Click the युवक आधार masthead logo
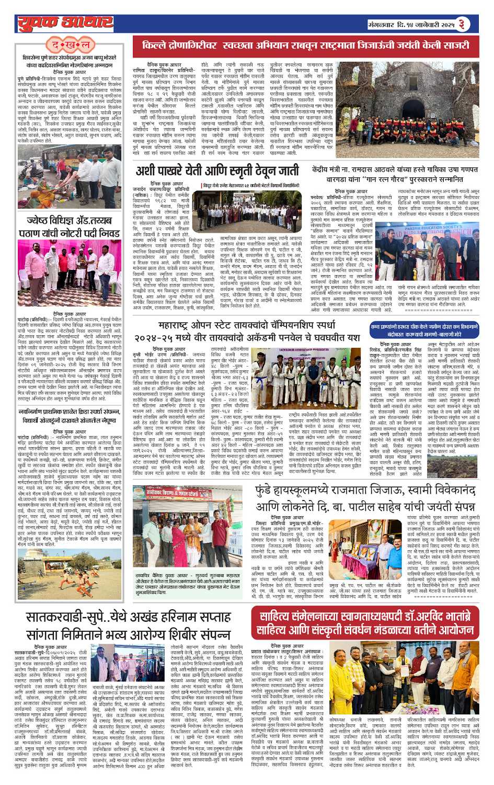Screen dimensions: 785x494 pyautogui.click(x=65, y=22)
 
